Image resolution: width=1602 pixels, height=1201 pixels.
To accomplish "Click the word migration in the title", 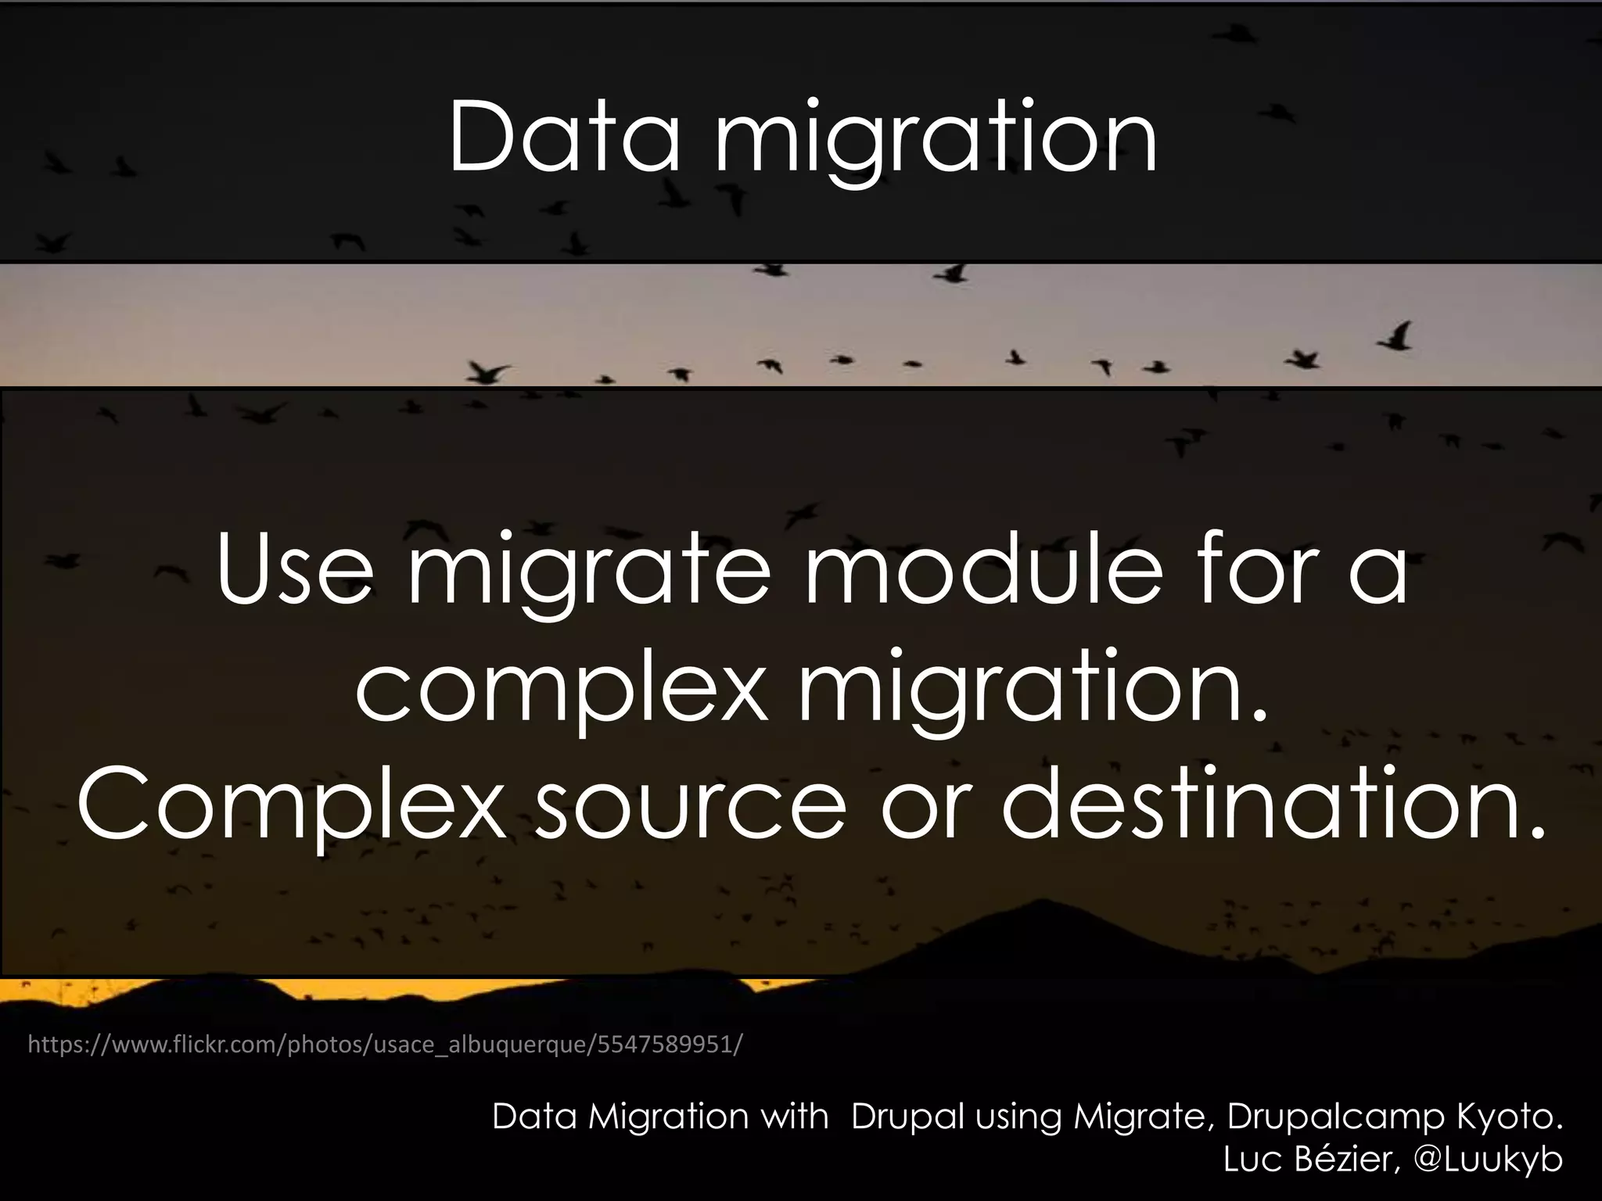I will [936, 141].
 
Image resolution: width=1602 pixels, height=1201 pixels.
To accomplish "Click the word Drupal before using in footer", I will [907, 1117].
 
